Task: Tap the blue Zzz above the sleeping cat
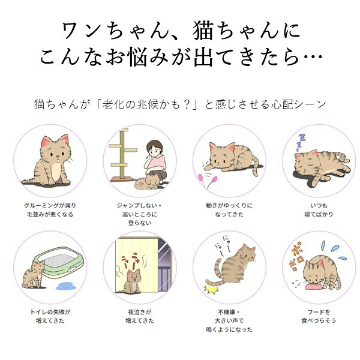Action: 301,142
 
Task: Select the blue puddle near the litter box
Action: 66,286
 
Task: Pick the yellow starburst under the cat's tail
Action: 211,290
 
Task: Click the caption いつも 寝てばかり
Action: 319,210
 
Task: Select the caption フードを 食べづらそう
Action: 319,316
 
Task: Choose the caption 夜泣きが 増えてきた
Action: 140,316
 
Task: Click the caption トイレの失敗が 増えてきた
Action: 50,316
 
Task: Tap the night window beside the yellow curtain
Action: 165,264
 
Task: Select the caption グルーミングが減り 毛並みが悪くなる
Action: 50,210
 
